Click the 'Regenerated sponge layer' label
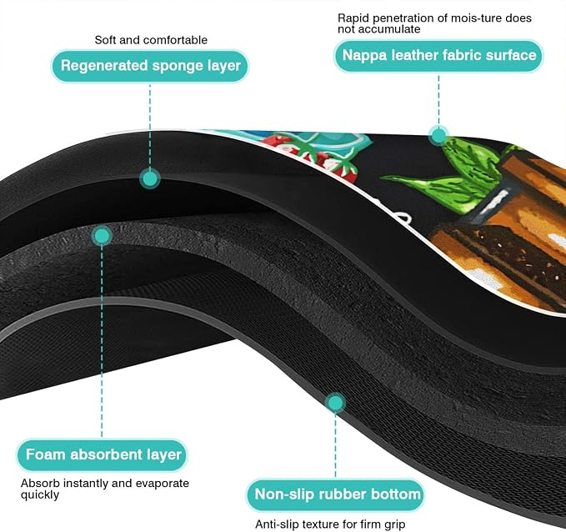click(x=150, y=66)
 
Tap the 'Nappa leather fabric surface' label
click(x=438, y=56)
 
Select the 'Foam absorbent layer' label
click(x=103, y=454)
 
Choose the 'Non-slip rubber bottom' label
click(x=336, y=494)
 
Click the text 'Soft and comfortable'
click(x=151, y=40)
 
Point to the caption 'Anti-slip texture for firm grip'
click(x=330, y=524)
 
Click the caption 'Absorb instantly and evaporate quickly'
click(x=105, y=489)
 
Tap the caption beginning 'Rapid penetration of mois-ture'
click(x=434, y=23)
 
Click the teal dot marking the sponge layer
click(x=150, y=178)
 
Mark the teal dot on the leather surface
click(x=439, y=136)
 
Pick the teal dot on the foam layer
click(x=102, y=237)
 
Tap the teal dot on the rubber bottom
click(x=335, y=403)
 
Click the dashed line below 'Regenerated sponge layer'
click(x=150, y=126)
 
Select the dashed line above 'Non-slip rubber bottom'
click(x=335, y=445)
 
